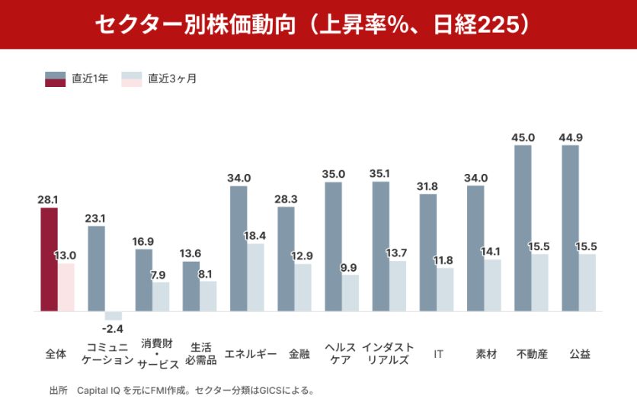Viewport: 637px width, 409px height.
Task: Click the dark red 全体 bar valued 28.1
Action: click(x=49, y=259)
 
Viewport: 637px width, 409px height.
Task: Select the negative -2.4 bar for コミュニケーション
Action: click(x=114, y=316)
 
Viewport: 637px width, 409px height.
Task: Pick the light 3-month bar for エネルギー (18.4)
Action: click(x=256, y=278)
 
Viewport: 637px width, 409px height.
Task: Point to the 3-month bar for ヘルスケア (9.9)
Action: click(x=351, y=293)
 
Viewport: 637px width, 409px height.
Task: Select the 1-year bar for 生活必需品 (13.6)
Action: click(x=191, y=286)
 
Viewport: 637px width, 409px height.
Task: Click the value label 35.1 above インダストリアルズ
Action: click(x=381, y=174)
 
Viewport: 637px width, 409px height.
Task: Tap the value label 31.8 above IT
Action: click(x=428, y=186)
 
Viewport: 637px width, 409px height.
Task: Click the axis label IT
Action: click(x=439, y=354)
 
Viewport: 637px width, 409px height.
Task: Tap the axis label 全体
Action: click(x=56, y=354)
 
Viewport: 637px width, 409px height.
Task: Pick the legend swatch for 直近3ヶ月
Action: click(x=132, y=78)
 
